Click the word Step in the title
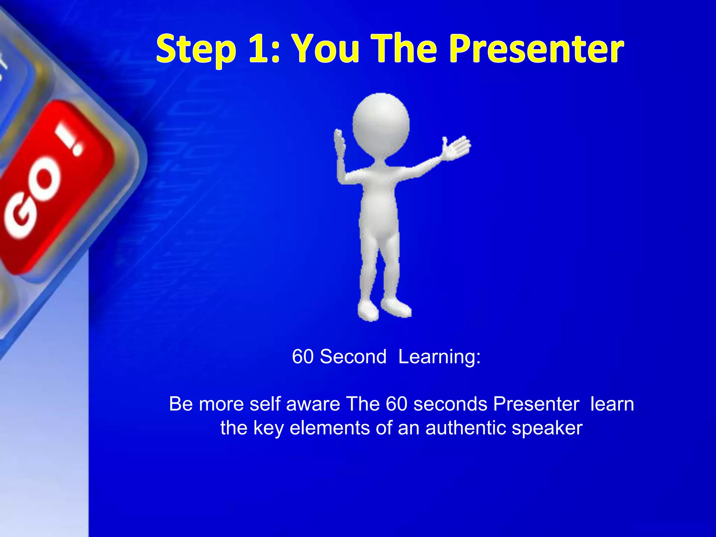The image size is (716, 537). (196, 50)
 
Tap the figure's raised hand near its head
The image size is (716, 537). (339, 143)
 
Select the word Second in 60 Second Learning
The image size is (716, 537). (353, 357)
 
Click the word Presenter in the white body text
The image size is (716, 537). (536, 404)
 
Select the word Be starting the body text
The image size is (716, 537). (181, 404)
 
